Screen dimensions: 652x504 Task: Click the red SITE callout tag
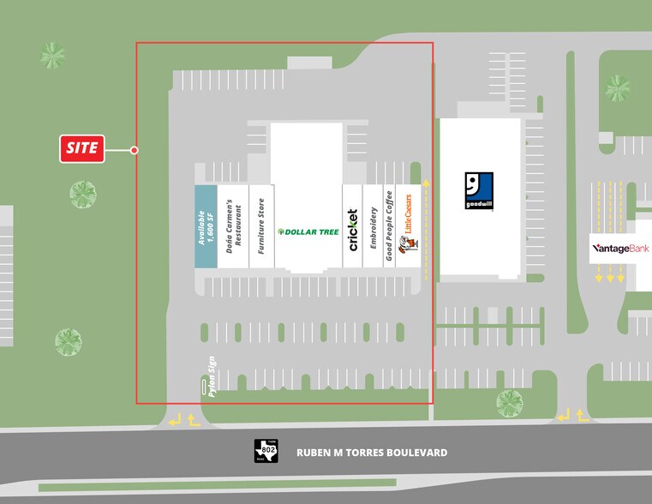click(81, 148)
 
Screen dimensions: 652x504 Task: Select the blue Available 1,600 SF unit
click(206, 227)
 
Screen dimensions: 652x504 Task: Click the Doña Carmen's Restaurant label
click(233, 225)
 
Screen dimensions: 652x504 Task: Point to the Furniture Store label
click(260, 225)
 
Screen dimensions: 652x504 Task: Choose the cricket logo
click(352, 229)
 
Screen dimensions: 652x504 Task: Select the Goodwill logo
click(479, 191)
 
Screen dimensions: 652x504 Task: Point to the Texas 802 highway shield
click(266, 451)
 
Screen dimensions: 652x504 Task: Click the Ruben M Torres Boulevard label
click(372, 453)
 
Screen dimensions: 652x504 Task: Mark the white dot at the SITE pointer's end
click(135, 150)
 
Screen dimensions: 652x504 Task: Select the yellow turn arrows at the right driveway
click(572, 416)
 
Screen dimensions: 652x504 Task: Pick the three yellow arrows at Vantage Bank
click(609, 274)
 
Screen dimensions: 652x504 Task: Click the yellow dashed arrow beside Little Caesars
click(425, 231)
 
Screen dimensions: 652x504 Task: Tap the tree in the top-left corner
click(52, 56)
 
